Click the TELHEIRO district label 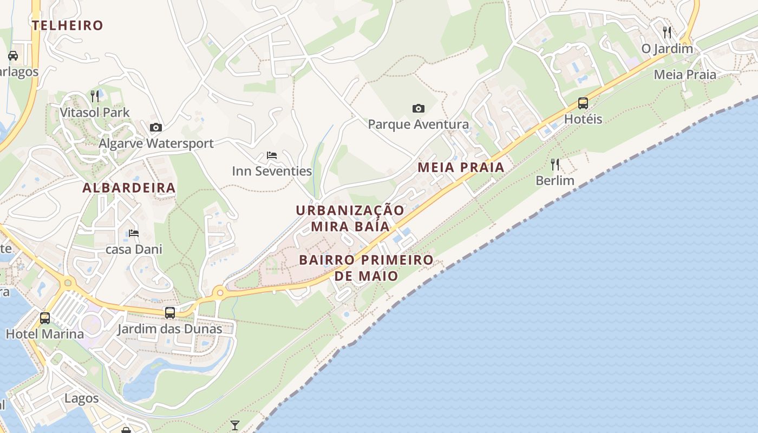[x=67, y=25]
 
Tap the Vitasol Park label [x=95, y=113]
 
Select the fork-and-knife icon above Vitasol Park [x=95, y=96]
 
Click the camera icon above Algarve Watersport [x=156, y=127]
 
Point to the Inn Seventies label [x=272, y=171]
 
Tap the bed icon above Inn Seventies [x=272, y=155]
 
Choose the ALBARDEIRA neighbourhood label [x=129, y=188]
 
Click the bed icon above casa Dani [x=134, y=233]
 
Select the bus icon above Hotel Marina [x=45, y=318]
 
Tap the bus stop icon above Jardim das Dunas [x=170, y=312]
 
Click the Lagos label [x=82, y=398]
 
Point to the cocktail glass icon [x=234, y=425]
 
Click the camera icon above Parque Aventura [x=418, y=108]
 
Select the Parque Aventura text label [x=418, y=124]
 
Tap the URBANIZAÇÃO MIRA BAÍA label [x=350, y=218]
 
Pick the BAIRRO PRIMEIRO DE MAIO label [x=366, y=267]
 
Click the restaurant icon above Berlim [x=555, y=164]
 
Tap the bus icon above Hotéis [x=583, y=103]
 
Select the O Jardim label [x=667, y=49]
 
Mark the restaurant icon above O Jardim [x=667, y=32]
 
